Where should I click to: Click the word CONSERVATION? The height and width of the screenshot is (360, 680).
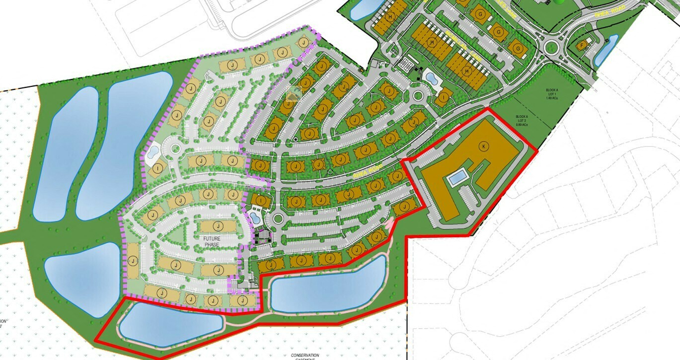(305, 356)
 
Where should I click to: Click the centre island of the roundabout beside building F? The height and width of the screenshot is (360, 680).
(551, 48)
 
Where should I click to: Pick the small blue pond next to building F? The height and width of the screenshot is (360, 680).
(606, 50)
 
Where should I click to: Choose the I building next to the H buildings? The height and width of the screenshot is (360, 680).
(445, 97)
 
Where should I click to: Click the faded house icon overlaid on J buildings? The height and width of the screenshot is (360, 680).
(294, 93)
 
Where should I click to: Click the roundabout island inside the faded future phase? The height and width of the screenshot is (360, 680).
(174, 147)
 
